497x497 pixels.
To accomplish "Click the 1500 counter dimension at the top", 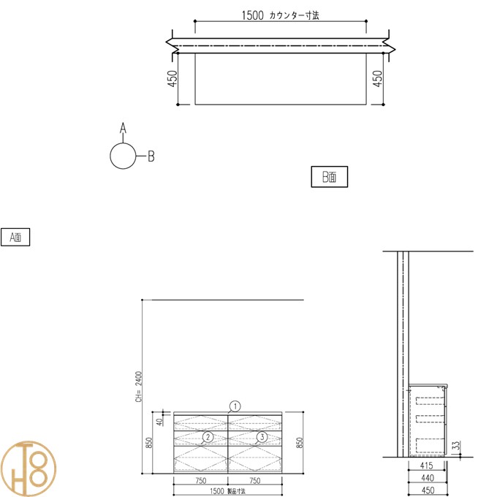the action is click(253, 15).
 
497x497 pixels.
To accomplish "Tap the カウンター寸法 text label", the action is click(294, 15).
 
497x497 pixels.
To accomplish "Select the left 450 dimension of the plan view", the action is click(172, 78).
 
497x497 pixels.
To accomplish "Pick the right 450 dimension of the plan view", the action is click(378, 78).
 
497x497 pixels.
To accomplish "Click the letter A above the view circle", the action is click(123, 128).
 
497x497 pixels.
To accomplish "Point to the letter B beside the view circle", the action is click(151, 156).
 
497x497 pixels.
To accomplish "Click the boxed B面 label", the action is click(330, 177).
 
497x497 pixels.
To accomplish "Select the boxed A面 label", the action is click(15, 237).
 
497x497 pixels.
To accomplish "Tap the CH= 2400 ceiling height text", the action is click(139, 387).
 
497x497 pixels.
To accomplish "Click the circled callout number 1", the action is click(235, 406).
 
